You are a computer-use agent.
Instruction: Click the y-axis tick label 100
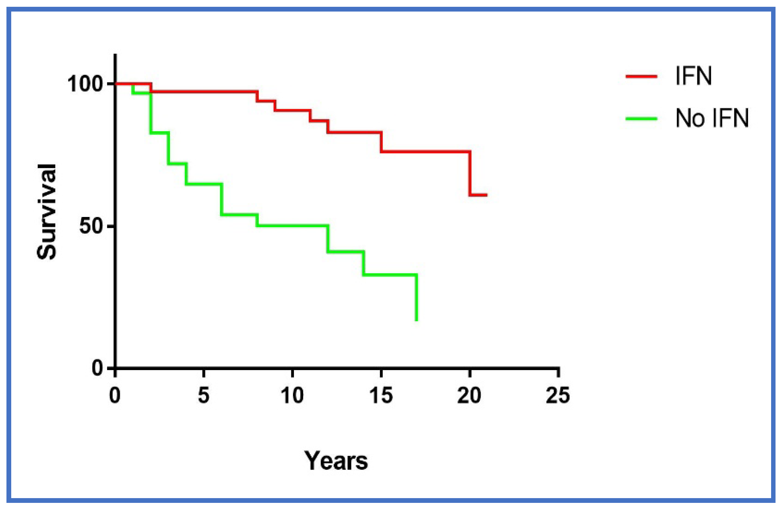point(85,84)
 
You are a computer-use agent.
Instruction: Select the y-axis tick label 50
point(91,226)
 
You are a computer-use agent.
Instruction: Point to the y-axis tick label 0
point(97,368)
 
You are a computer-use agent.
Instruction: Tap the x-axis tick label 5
point(203,395)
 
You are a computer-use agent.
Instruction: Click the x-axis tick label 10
point(292,395)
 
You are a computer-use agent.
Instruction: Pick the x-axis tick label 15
point(381,395)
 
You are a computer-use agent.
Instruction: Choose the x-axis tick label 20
point(469,395)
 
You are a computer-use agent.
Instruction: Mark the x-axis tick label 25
point(558,395)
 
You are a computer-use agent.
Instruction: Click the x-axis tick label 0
point(115,395)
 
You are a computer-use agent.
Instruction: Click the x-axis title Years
point(336,461)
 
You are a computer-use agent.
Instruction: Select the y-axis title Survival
point(47,212)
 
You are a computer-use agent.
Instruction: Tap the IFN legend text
point(693,76)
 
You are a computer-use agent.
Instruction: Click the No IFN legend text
point(712,118)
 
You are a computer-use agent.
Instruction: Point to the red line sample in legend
point(641,76)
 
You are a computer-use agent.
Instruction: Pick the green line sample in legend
point(641,119)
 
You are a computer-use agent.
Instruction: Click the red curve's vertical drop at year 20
point(470,173)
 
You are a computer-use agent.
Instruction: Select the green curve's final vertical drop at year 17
point(416,297)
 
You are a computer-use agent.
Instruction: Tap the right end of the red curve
point(487,195)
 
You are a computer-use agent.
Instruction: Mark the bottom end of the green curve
point(416,320)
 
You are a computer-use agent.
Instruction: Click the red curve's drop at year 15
point(381,142)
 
